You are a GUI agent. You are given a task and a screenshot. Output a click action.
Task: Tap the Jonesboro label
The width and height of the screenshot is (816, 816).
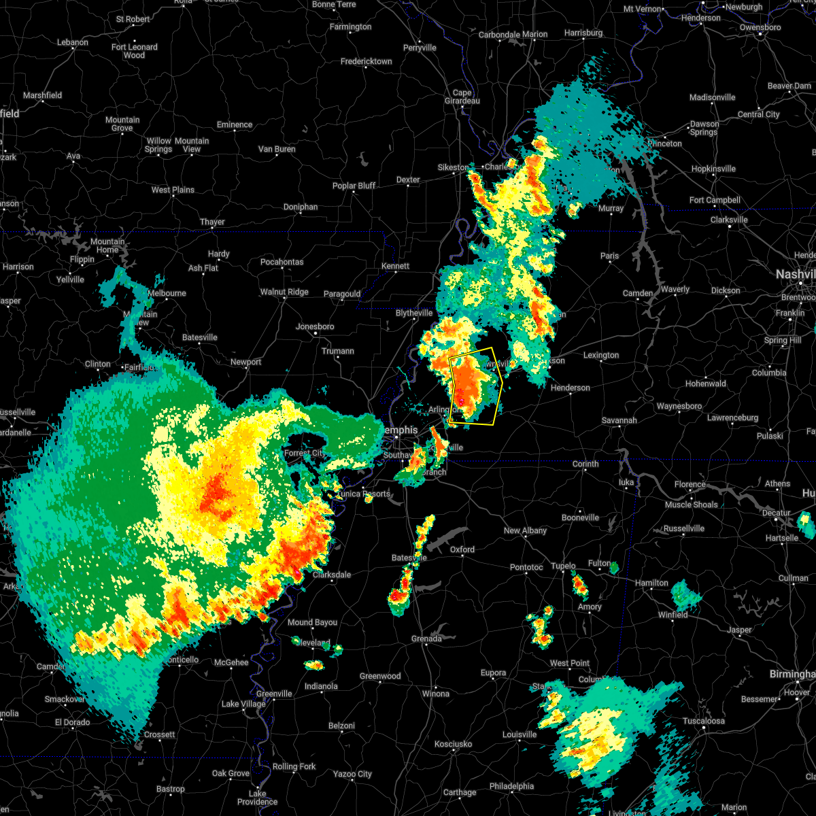[315, 326]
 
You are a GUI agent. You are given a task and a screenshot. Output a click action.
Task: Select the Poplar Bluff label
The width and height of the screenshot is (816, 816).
[354, 186]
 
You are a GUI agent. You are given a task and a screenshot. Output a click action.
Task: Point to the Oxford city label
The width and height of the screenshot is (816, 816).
[462, 549]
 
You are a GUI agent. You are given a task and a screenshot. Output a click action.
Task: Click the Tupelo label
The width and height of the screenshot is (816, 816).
[563, 566]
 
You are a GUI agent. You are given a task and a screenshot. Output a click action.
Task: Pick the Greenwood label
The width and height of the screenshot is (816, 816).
[380, 676]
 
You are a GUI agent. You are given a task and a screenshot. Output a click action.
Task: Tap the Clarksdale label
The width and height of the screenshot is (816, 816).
[332, 575]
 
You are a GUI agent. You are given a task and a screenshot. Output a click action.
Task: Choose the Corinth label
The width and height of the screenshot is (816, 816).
[585, 464]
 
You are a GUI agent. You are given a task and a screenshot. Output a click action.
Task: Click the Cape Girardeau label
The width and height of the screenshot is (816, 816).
[462, 97]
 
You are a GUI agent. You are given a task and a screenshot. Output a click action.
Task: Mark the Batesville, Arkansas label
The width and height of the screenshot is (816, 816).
[199, 337]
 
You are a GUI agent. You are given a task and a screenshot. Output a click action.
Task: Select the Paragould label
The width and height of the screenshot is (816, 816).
[342, 294]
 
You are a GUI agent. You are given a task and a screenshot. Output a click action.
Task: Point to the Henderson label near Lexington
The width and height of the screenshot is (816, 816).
[570, 388]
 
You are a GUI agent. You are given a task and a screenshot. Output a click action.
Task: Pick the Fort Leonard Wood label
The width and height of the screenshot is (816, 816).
[135, 51]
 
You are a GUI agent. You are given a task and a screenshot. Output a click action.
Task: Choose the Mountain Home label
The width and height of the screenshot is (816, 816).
[107, 245]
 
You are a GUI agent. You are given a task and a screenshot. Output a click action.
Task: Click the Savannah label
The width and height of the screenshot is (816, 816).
[619, 420]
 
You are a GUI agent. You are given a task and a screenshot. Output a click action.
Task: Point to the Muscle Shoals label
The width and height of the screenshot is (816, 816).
[691, 505]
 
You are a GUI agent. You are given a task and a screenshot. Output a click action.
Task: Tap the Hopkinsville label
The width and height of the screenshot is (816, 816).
[713, 169]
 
